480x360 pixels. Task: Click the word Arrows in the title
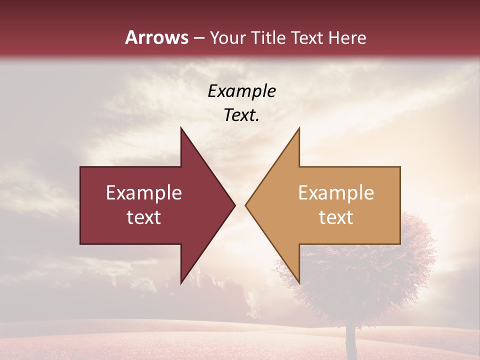click(157, 37)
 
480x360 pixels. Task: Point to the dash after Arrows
click(199, 38)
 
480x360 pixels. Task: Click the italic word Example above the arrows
click(242, 91)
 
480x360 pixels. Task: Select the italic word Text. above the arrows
click(242, 115)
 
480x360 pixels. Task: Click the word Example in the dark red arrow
click(144, 193)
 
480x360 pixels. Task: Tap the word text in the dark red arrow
click(144, 217)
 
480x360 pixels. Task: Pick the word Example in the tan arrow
click(336, 193)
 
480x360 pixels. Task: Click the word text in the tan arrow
click(336, 217)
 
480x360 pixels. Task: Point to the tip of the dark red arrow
click(233, 205)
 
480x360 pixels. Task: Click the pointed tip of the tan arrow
click(247, 205)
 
